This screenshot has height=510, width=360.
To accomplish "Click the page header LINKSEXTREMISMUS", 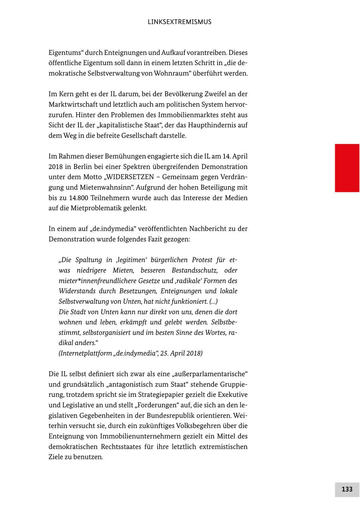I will click(180, 22).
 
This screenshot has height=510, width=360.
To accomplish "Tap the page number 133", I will click(347, 489).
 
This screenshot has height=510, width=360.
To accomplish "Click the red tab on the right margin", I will click(347, 168).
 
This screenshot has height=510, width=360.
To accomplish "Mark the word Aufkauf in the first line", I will click(174, 52).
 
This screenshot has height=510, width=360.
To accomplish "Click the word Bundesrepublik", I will click(181, 416).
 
